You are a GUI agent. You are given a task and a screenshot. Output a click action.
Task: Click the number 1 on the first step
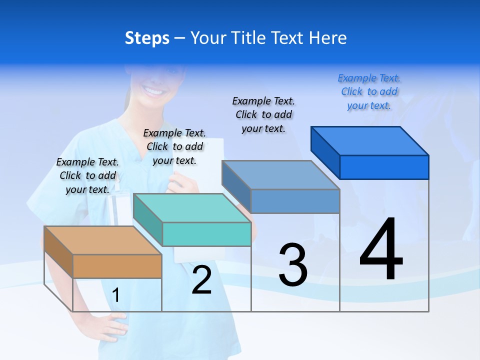[x=116, y=295]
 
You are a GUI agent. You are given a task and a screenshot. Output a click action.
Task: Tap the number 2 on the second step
[x=201, y=280]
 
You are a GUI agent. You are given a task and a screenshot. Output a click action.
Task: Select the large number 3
[x=293, y=265]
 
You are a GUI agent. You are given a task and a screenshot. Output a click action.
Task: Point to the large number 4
[x=381, y=250]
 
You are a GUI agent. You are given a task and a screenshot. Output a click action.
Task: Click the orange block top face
[x=102, y=240]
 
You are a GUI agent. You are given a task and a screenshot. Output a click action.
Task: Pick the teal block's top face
[x=192, y=208]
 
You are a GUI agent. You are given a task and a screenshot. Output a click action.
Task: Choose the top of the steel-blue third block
[x=280, y=175]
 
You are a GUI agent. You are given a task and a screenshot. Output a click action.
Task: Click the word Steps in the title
[x=147, y=38]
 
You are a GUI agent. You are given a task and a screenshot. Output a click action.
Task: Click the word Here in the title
[x=327, y=38]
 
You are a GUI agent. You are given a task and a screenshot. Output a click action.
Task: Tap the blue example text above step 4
[x=369, y=92]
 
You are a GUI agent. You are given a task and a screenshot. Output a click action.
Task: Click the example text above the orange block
[x=87, y=175]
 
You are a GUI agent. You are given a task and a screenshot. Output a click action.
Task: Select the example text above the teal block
[x=174, y=146]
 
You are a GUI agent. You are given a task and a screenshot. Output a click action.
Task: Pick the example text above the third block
[x=263, y=114]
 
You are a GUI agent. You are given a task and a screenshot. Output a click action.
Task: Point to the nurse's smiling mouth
[x=153, y=91]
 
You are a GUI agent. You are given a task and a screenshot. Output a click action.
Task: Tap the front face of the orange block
[x=117, y=266]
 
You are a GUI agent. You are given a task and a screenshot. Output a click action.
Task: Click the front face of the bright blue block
[x=384, y=167]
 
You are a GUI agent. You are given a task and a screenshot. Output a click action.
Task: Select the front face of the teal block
[x=206, y=234]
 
